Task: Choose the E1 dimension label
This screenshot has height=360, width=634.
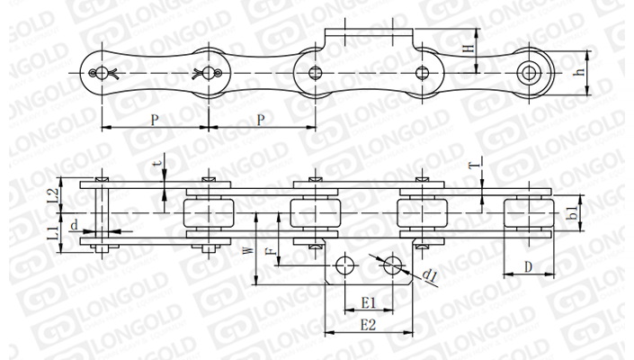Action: click(x=367, y=301)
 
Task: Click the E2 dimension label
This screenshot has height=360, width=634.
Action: click(x=367, y=323)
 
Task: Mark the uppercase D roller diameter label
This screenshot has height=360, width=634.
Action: click(x=529, y=266)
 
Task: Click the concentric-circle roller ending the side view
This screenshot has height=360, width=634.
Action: click(x=533, y=71)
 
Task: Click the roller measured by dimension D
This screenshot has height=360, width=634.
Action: click(x=529, y=215)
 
